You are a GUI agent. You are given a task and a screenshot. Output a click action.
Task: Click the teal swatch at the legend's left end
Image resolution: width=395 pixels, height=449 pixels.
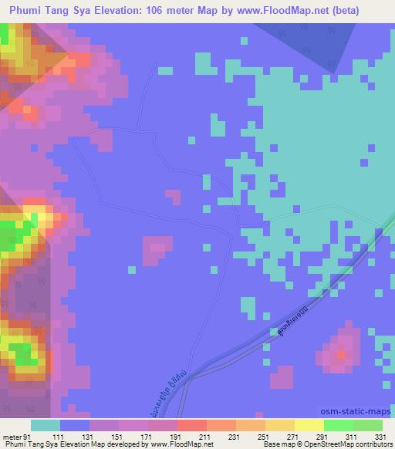click(46, 425)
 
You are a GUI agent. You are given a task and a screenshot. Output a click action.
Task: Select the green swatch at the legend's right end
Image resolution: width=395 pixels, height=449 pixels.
click(368, 425)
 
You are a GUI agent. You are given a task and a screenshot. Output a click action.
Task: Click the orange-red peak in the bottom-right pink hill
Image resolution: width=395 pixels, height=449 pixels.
click(342, 354)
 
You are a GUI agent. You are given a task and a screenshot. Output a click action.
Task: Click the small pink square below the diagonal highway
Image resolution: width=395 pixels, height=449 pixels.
click(282, 376)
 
